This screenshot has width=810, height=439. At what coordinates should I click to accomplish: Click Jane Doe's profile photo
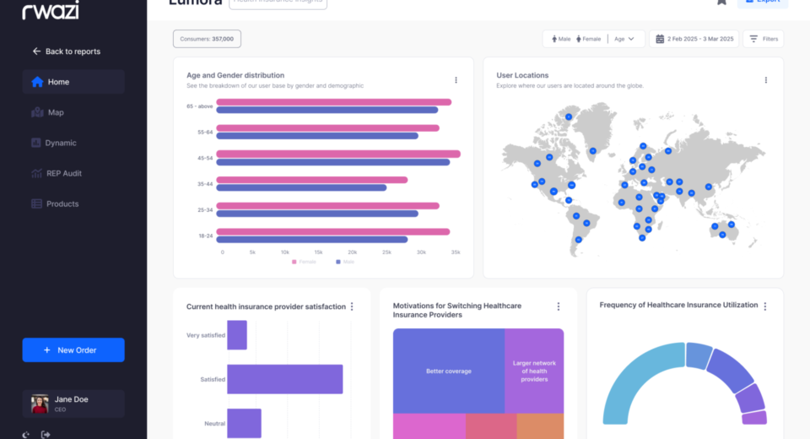point(40,404)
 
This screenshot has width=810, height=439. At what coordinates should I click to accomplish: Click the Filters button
point(764,39)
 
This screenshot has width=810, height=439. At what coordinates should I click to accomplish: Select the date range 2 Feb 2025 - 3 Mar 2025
point(694,39)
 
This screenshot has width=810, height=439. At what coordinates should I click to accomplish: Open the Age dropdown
point(624,39)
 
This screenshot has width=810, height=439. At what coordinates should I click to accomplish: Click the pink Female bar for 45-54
point(338,154)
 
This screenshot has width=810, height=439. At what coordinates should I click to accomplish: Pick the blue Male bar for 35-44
point(301,187)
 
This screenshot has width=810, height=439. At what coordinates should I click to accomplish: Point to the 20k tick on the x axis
point(352,252)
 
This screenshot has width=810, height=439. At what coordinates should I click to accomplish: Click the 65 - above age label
point(199,106)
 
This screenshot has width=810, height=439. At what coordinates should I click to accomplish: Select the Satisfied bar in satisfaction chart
point(284,379)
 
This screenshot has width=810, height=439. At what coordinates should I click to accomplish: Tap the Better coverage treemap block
point(448,371)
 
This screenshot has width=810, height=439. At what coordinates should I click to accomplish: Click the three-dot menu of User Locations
point(766,80)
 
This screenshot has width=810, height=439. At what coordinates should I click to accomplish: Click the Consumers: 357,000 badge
point(207,39)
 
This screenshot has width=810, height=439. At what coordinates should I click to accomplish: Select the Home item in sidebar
point(59,82)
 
